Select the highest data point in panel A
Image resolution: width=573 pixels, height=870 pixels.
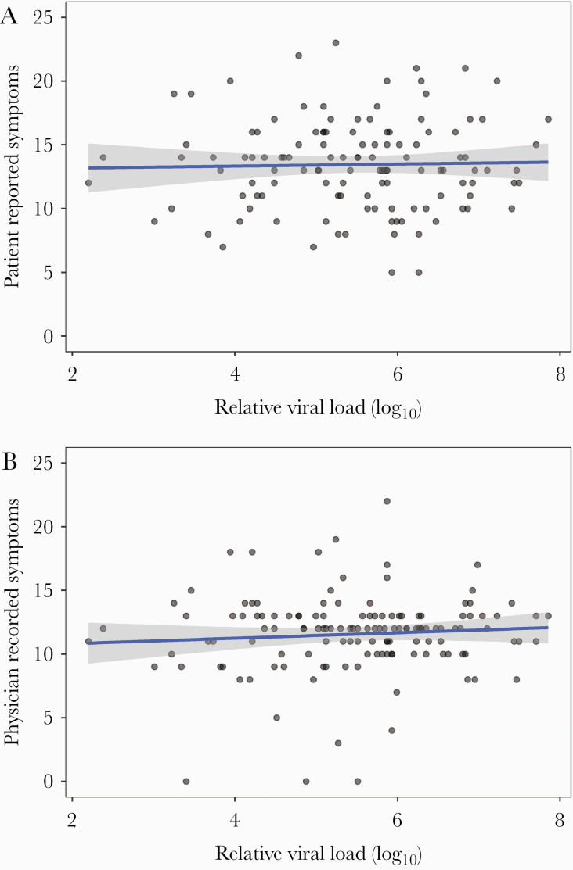click(335, 43)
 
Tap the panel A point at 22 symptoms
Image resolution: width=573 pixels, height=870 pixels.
click(298, 55)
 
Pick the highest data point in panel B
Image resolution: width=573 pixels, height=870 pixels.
click(387, 501)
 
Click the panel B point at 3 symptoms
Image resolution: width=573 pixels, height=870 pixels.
click(338, 743)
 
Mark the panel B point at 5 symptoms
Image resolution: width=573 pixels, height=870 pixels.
click(276, 718)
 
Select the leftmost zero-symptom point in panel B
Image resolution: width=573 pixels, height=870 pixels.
click(186, 782)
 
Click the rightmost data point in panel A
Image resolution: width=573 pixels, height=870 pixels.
click(548, 120)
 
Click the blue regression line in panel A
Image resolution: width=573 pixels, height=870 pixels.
click(313, 165)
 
